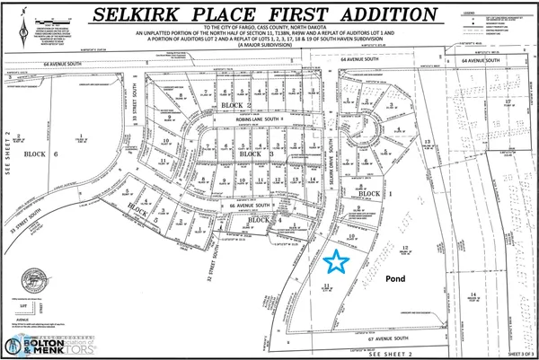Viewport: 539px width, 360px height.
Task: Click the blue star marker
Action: (x=336, y=261)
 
